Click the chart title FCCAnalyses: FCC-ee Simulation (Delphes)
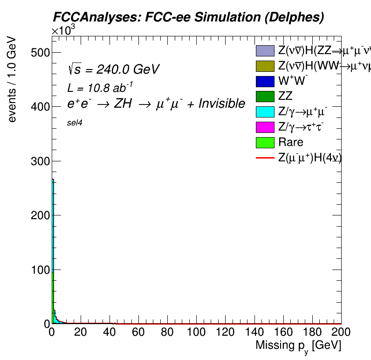[x=188, y=17]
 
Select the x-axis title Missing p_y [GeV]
[x=298, y=346]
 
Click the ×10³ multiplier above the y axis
[x=63, y=31]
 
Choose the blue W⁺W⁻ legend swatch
[x=265, y=81]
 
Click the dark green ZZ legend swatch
[x=265, y=97]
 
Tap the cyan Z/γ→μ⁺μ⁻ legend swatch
[x=265, y=112]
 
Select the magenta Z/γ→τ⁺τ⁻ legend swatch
[x=265, y=127]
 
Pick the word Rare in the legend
[x=290, y=142]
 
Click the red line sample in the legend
[x=265, y=158]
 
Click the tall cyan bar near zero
[x=53, y=233]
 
